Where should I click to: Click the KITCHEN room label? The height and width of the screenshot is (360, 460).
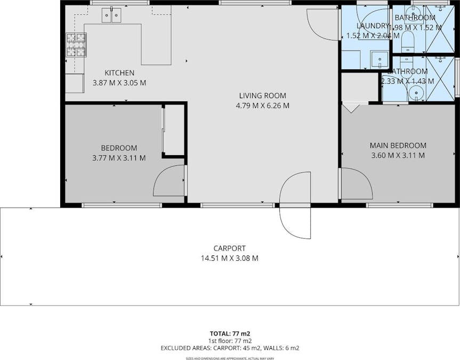(119, 73)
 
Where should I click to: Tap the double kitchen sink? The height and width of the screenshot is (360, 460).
(111, 15)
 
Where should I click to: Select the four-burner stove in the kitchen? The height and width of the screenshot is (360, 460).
(76, 45)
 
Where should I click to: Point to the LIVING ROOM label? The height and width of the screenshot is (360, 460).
(262, 95)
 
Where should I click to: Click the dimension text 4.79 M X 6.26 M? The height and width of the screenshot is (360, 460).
(262, 106)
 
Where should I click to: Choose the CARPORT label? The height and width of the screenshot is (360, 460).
(229, 248)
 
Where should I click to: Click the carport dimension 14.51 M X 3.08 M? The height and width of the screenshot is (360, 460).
(229, 258)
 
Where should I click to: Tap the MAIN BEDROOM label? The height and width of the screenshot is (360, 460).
(398, 145)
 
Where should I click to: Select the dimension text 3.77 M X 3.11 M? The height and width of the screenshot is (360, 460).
(119, 158)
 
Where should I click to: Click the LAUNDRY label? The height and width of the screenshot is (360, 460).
(373, 26)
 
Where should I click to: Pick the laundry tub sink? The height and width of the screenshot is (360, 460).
(380, 58)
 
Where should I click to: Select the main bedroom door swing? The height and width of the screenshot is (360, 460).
(356, 184)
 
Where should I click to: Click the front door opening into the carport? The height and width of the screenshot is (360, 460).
(295, 205)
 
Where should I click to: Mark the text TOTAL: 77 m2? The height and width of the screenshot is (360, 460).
(230, 333)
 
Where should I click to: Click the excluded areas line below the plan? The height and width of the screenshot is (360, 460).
(230, 348)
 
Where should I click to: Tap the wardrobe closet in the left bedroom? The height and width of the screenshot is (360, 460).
(173, 130)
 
